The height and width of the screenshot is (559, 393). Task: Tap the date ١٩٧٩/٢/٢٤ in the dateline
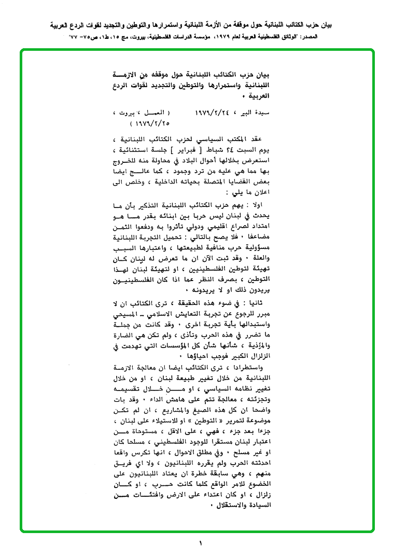(x=214, y=112)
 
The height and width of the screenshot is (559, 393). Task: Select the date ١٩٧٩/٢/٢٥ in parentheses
(x=151, y=124)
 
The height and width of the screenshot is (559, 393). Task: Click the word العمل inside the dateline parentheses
(x=155, y=112)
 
